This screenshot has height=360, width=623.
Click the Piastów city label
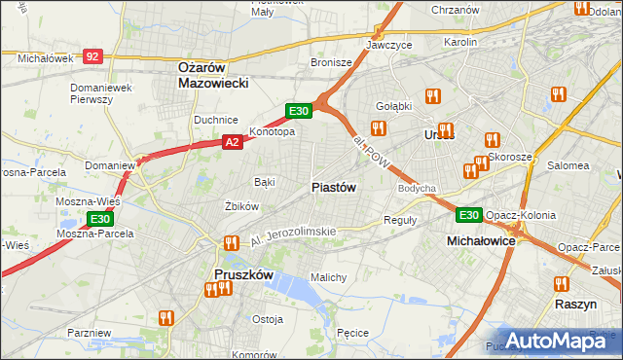334,187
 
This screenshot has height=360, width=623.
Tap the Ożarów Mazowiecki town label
214,75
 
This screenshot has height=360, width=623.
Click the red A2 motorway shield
232,142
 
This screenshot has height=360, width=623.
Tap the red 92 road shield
92,57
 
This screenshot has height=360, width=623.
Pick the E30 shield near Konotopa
299,111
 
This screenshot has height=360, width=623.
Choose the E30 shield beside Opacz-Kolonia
469,214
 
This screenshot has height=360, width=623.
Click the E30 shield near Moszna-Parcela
100,220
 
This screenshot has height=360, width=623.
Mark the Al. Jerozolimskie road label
293,233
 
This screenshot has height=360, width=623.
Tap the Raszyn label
575,304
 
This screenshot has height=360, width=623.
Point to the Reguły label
400,220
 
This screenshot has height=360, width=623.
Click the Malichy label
329,277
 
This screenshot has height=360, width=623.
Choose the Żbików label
241,206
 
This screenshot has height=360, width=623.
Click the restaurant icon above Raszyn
561,285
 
